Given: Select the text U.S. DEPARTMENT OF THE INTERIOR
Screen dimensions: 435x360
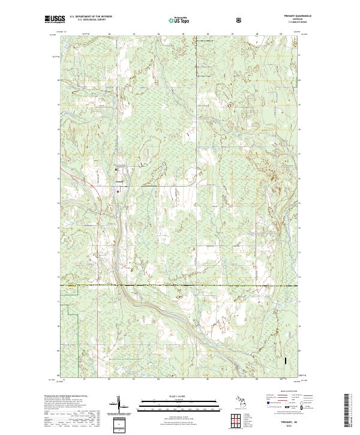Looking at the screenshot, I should (x=91, y=17).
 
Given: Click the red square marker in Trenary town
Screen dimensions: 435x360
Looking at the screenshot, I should (x=118, y=191).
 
